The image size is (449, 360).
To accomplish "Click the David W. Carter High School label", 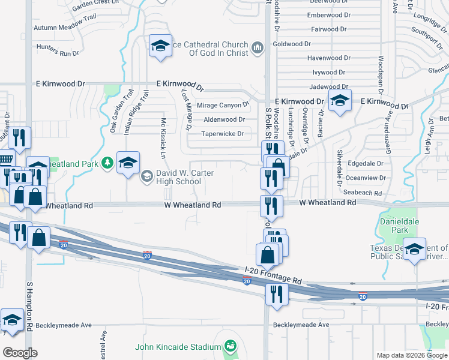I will [x=178, y=177].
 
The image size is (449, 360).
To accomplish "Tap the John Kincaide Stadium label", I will [x=178, y=347].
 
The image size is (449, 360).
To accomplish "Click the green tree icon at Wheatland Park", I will [x=107, y=163].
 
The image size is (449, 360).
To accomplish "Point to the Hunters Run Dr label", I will [x=58, y=53].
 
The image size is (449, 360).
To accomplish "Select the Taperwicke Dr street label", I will [x=222, y=134].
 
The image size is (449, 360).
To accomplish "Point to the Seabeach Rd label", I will [x=363, y=193].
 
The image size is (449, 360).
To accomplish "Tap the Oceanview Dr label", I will [x=365, y=178].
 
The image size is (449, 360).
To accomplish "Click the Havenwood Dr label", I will [x=329, y=58].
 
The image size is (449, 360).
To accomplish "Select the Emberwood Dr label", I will [x=328, y=15].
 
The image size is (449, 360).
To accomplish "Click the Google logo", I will [x=19, y=353].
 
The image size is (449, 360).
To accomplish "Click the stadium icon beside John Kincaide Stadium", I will [x=229, y=346].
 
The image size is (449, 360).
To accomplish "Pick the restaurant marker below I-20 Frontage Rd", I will [x=276, y=294].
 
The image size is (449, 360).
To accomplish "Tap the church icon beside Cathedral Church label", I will [x=258, y=47].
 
